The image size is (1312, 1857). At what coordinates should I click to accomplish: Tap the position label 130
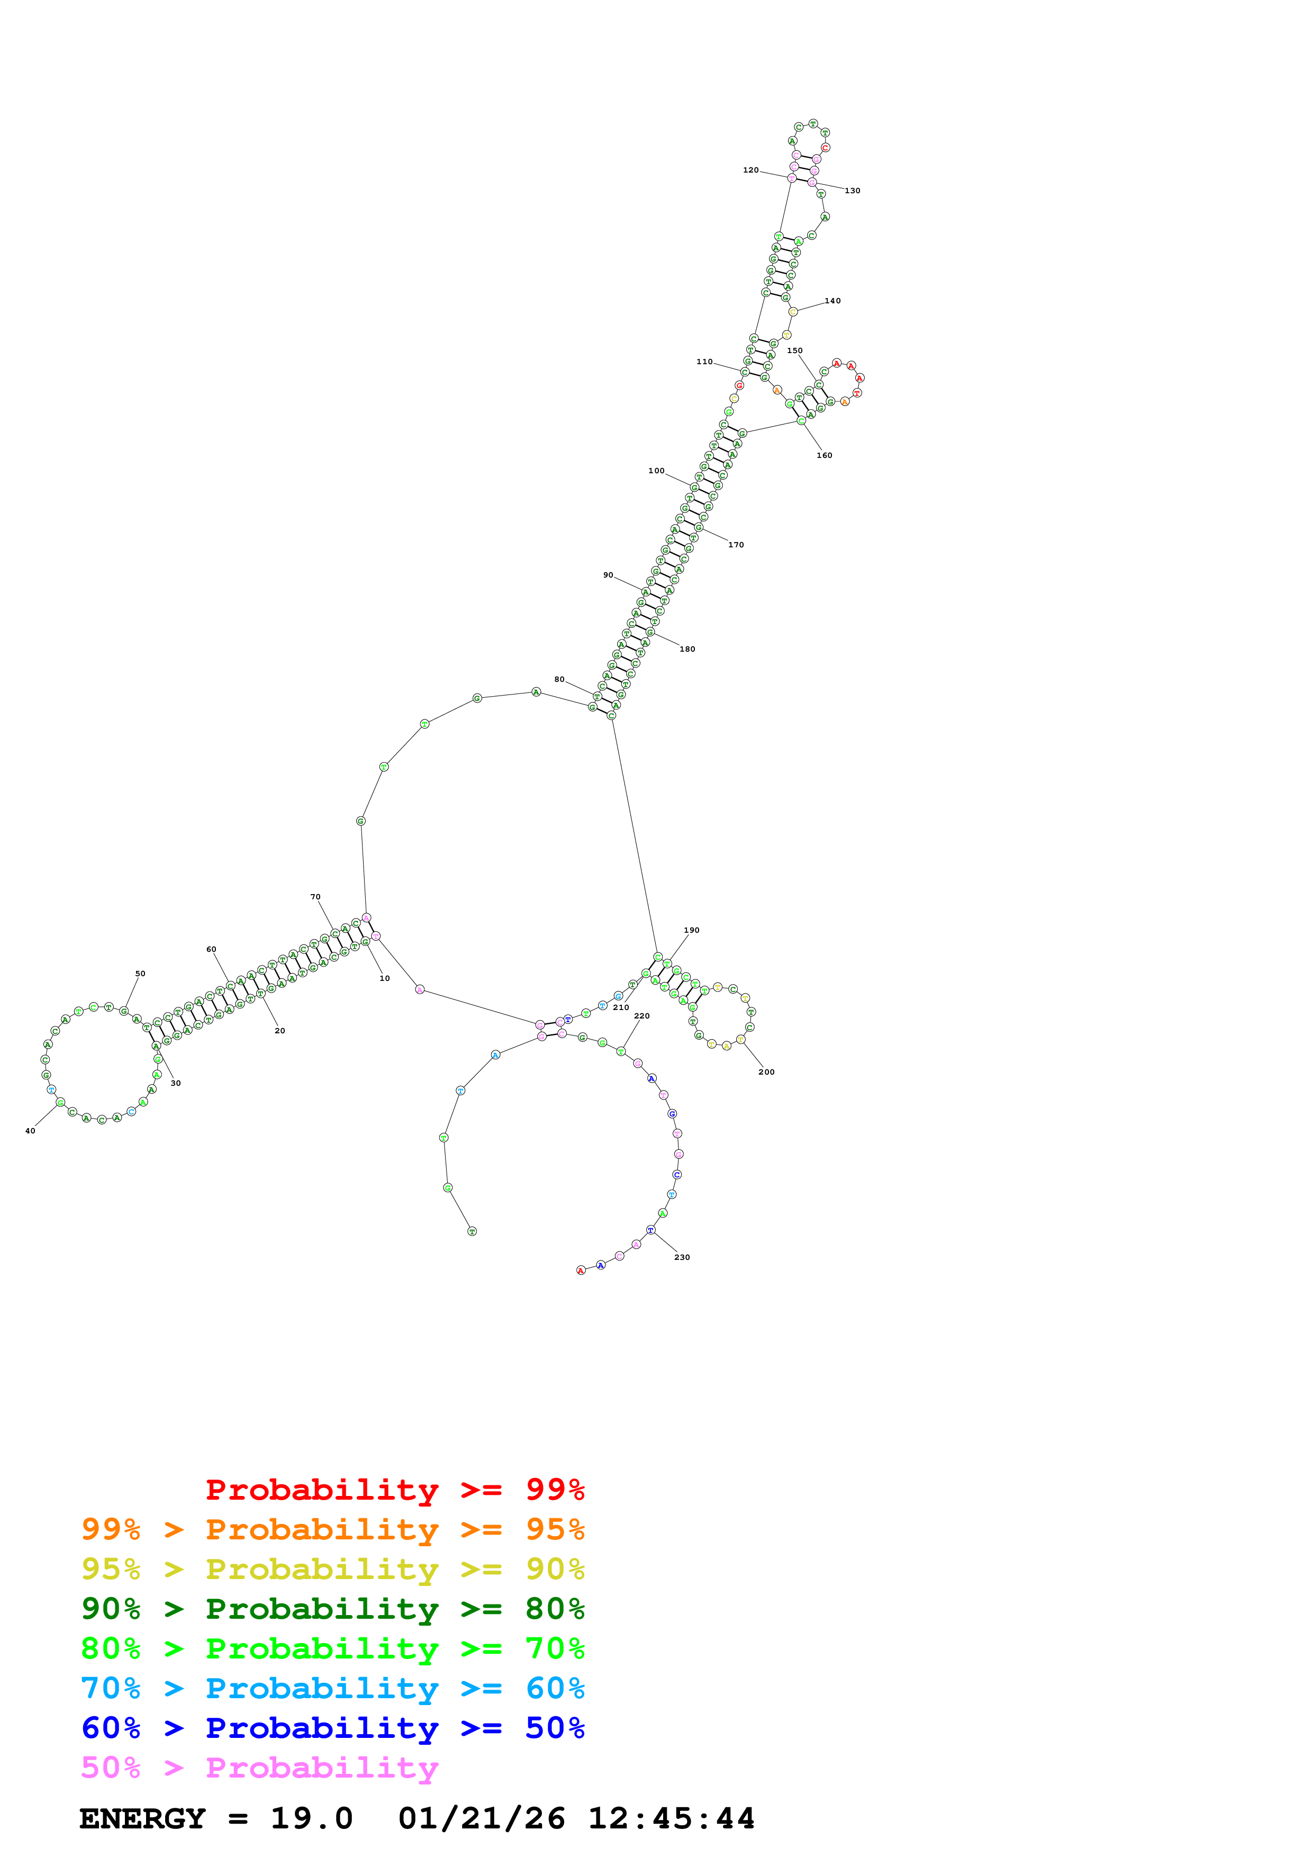[x=852, y=191]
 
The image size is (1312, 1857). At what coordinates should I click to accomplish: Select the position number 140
[x=832, y=301]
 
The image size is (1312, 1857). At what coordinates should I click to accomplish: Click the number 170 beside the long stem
[x=736, y=545]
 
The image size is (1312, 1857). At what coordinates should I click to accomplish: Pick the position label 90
[x=608, y=575]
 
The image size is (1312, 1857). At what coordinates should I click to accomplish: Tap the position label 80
[x=559, y=679]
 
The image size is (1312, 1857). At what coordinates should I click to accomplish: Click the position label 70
[x=315, y=897]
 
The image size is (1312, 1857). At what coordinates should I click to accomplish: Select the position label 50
[x=140, y=974]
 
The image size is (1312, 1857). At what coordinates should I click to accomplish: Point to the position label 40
[x=30, y=1131]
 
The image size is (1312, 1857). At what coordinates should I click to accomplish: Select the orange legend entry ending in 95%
[x=332, y=1529]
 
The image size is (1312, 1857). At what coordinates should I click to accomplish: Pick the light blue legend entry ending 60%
[x=332, y=1688]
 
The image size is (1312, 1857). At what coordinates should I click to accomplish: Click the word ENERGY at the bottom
[x=142, y=1818]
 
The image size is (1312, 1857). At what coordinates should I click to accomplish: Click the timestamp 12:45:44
[x=671, y=1818]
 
